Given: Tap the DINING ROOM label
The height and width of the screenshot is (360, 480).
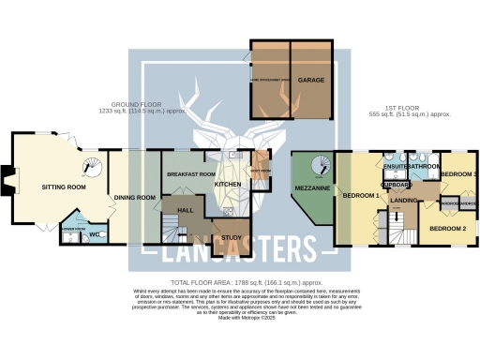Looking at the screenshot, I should click(134, 198).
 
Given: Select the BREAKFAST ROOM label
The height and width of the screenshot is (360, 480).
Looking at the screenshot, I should click(190, 175).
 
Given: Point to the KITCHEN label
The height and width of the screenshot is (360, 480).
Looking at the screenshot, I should click(228, 185).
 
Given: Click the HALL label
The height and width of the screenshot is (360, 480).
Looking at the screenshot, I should click(185, 210).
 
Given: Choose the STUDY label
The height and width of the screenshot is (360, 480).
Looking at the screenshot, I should click(231, 238).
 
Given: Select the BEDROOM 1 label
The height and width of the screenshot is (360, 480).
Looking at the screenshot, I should click(360, 196).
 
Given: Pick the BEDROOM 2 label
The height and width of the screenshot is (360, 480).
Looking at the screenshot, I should click(447, 229).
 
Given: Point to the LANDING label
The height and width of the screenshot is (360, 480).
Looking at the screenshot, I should click(404, 201).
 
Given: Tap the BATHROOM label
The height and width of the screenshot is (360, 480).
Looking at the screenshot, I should click(424, 166).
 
